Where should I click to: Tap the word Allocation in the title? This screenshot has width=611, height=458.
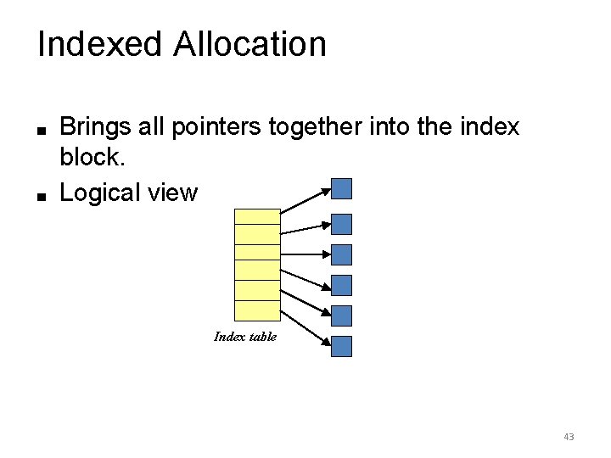tap(249, 45)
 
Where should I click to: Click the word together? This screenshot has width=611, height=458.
tap(311, 128)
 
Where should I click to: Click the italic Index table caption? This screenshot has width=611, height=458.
tap(245, 337)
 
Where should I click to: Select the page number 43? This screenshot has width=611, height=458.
tap(569, 437)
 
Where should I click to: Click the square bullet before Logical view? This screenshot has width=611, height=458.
tap(40, 194)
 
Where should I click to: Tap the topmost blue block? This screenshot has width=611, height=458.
tap(341, 188)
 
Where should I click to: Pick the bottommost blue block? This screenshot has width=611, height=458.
tap(341, 346)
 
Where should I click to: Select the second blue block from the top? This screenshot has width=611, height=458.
tap(341, 224)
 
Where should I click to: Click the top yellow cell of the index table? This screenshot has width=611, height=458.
tap(256, 216)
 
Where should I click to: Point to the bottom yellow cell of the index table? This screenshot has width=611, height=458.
tap(256, 310)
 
